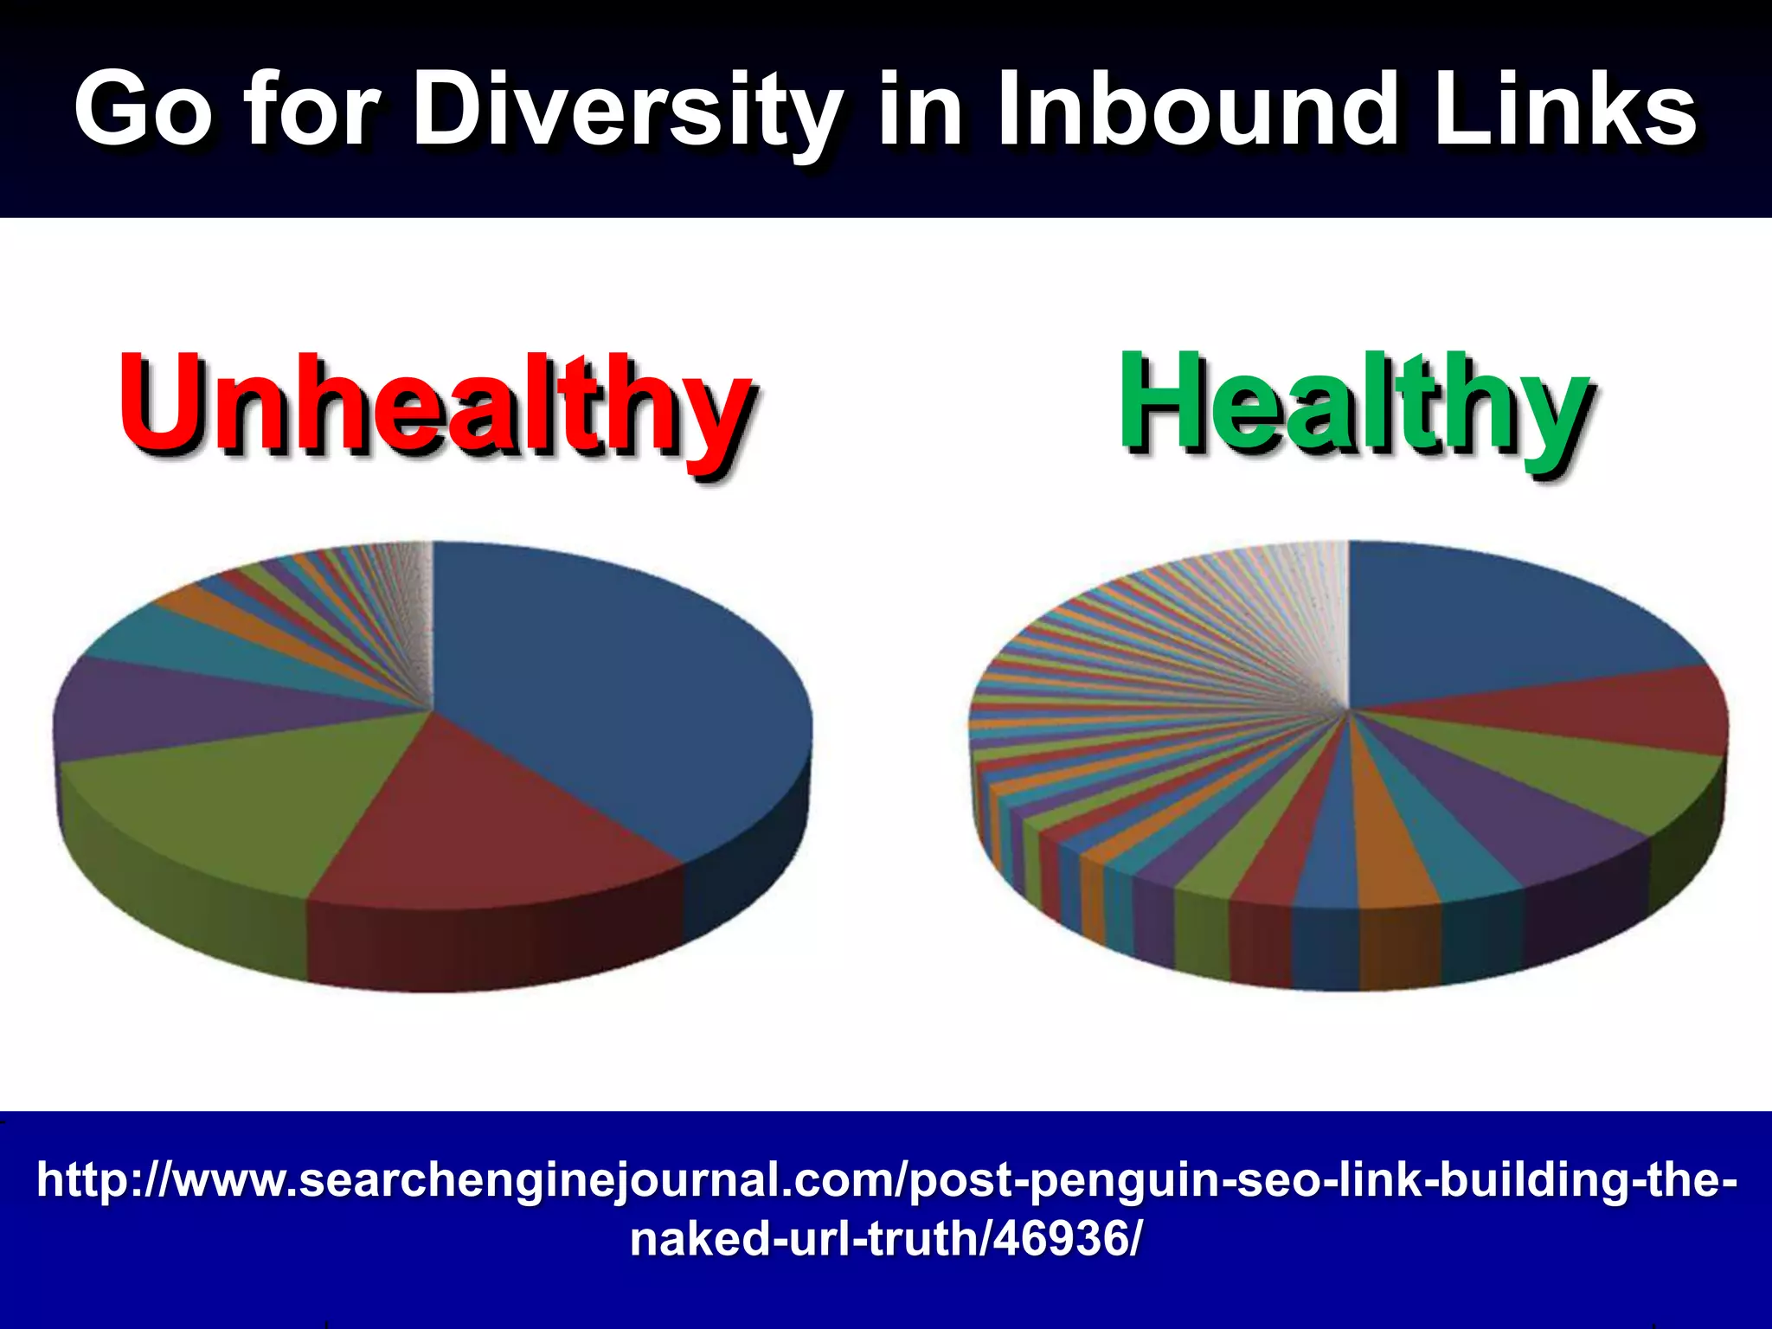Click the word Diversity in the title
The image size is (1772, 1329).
626,111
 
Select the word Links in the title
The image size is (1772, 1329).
1564,109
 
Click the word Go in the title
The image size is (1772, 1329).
142,111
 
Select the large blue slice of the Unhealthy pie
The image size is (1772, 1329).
606,684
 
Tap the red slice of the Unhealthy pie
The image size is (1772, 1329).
485,822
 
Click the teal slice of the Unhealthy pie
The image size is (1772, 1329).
173,640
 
